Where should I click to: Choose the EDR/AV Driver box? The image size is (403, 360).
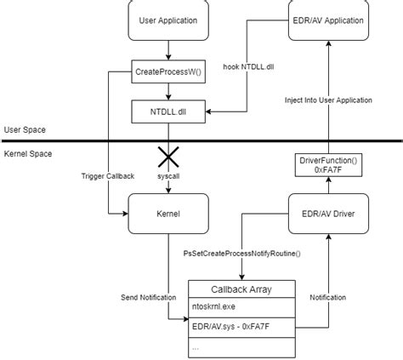(329, 213)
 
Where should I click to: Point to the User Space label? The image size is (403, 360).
(24, 130)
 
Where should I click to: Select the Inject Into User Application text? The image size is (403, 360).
(329, 100)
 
